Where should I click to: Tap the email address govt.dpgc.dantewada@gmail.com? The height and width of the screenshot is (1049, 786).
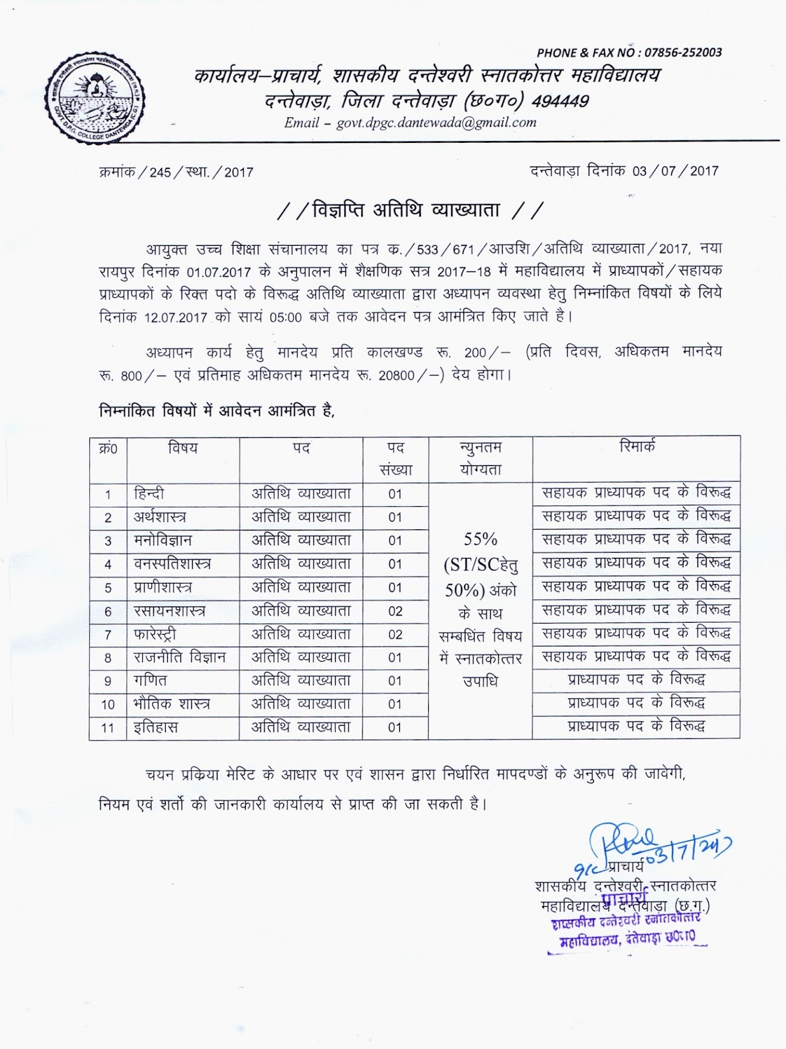(x=437, y=123)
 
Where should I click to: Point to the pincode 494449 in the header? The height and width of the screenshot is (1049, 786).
(x=560, y=101)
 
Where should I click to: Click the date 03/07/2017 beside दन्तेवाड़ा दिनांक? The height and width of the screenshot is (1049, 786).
(x=675, y=171)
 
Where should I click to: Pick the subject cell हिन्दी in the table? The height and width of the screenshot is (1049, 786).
(x=149, y=493)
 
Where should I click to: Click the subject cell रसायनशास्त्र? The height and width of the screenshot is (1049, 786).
(x=170, y=611)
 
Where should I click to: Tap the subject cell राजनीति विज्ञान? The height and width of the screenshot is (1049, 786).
(x=180, y=658)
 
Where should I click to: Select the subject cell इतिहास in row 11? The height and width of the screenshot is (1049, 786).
(x=156, y=727)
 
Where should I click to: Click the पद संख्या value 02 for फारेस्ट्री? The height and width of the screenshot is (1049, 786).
(x=395, y=635)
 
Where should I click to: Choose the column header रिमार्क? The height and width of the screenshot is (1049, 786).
(x=637, y=447)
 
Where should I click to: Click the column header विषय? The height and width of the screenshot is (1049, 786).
(x=183, y=448)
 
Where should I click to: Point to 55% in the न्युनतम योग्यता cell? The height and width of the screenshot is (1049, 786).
(x=480, y=540)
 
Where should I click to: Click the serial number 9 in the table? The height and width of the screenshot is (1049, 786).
(x=108, y=681)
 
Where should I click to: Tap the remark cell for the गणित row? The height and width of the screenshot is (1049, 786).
(x=636, y=680)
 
